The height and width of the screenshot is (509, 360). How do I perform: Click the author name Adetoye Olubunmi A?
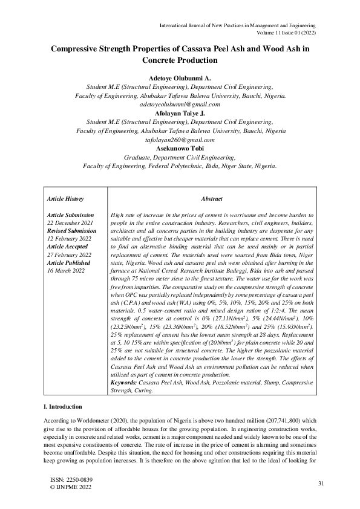coord(180,79)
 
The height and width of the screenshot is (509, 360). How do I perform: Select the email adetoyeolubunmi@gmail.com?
coord(180,104)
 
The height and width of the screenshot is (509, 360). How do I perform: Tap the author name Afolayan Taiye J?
coord(180,113)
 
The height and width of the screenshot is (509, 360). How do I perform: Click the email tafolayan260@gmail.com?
coord(180,139)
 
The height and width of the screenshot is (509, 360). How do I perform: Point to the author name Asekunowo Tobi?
coord(180,148)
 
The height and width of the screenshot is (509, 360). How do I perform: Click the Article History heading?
coord(65,199)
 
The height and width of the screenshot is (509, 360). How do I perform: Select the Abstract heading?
coord(212,199)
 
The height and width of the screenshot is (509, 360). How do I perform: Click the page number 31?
coord(322,483)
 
